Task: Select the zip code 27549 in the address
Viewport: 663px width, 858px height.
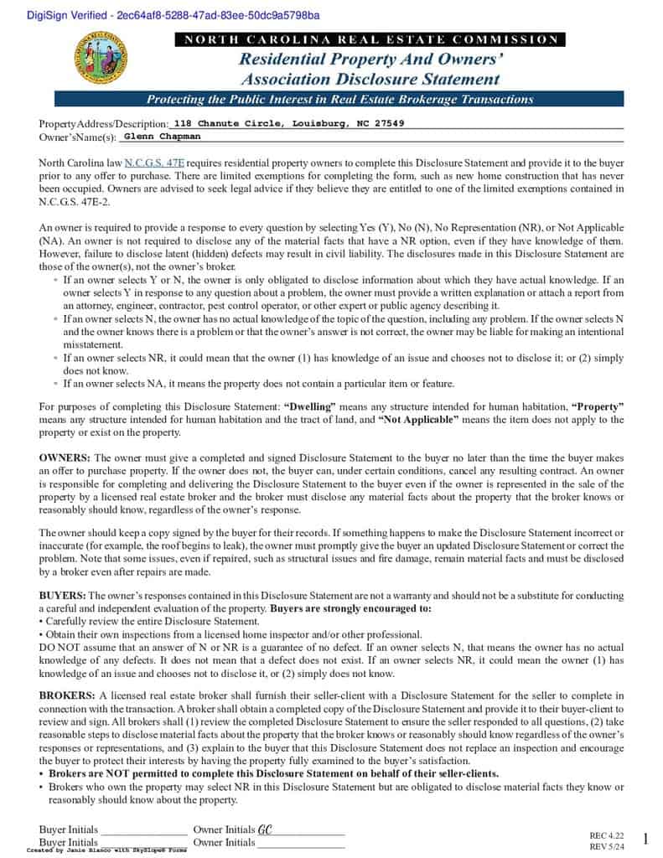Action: pos(389,123)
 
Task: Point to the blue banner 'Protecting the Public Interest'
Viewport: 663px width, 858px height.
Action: pos(339,99)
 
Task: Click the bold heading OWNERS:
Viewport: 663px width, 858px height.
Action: pos(65,458)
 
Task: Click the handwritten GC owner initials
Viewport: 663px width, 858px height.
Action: pos(265,830)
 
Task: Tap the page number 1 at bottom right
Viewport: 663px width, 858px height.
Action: pos(645,839)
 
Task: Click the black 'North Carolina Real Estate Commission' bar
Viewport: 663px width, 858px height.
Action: pos(370,39)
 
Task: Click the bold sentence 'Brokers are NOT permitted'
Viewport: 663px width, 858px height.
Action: pos(272,773)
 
